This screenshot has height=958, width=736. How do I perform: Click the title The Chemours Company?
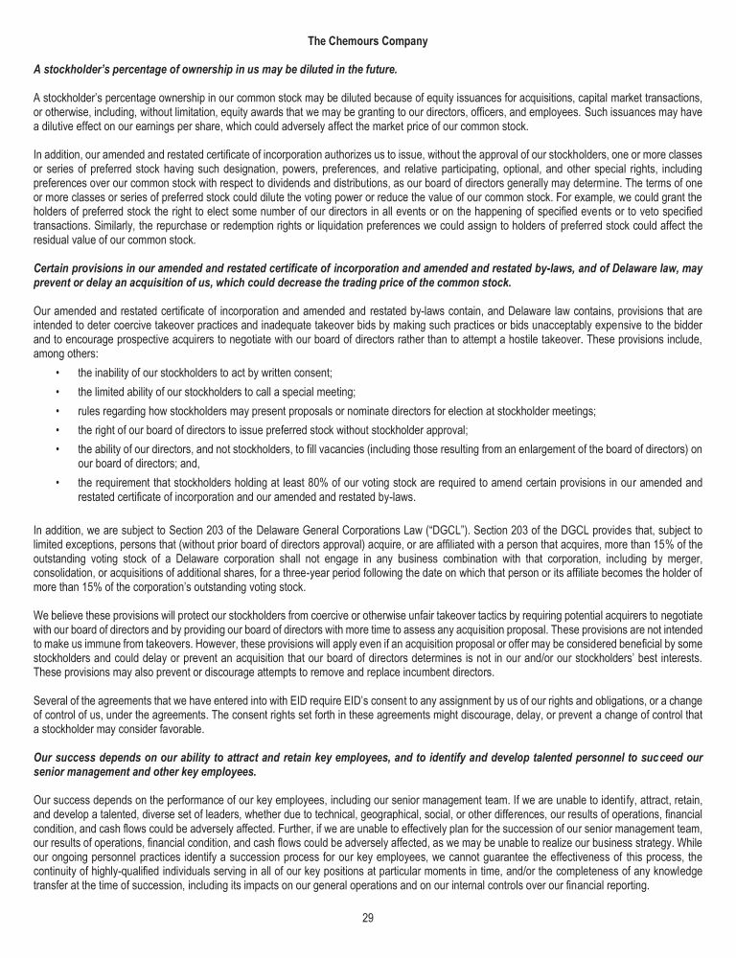pyautogui.click(x=367, y=42)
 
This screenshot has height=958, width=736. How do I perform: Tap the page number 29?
pyautogui.click(x=367, y=918)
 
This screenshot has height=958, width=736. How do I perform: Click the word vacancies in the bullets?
pyautogui.click(x=360, y=449)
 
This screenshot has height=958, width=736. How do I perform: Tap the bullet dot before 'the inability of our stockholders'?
pyautogui.click(x=59, y=372)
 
